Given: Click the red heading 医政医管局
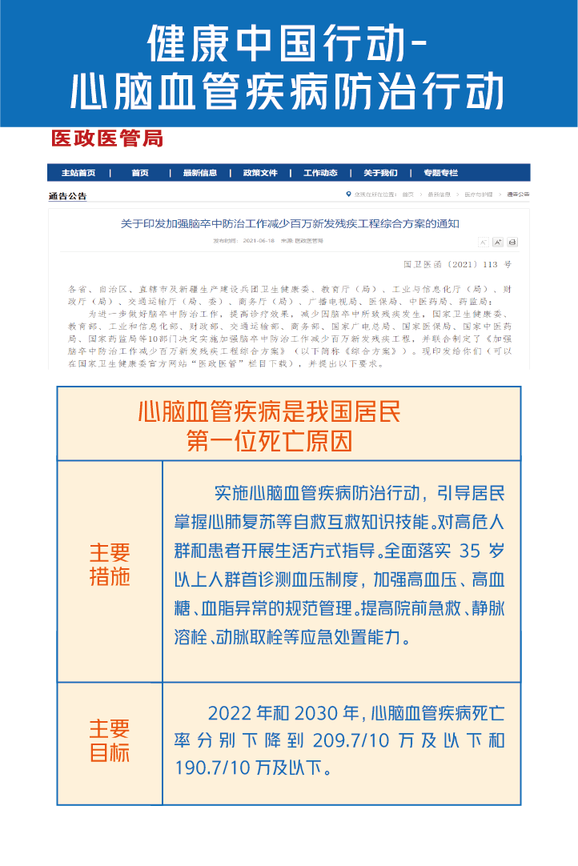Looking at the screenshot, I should pos(106,139).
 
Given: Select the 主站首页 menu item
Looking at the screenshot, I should pos(78,173).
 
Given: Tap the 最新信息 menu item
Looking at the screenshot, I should pos(200,173).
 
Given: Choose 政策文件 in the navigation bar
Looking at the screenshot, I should pos(260,173).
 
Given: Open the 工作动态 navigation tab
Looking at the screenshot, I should pos(320,173).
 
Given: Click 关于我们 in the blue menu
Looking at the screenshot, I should pos(380,173).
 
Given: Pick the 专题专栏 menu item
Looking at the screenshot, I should pos(441,173).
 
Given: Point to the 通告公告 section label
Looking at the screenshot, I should pos(67,195).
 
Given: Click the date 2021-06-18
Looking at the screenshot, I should pos(259,241).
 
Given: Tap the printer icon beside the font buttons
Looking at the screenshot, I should pos(512,242).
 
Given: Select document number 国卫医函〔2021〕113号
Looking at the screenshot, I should pos(457,264).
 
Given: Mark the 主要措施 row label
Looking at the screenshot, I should pos(110,564).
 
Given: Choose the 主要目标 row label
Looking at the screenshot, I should pos(110,741).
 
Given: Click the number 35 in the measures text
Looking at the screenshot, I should pos(472,551).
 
